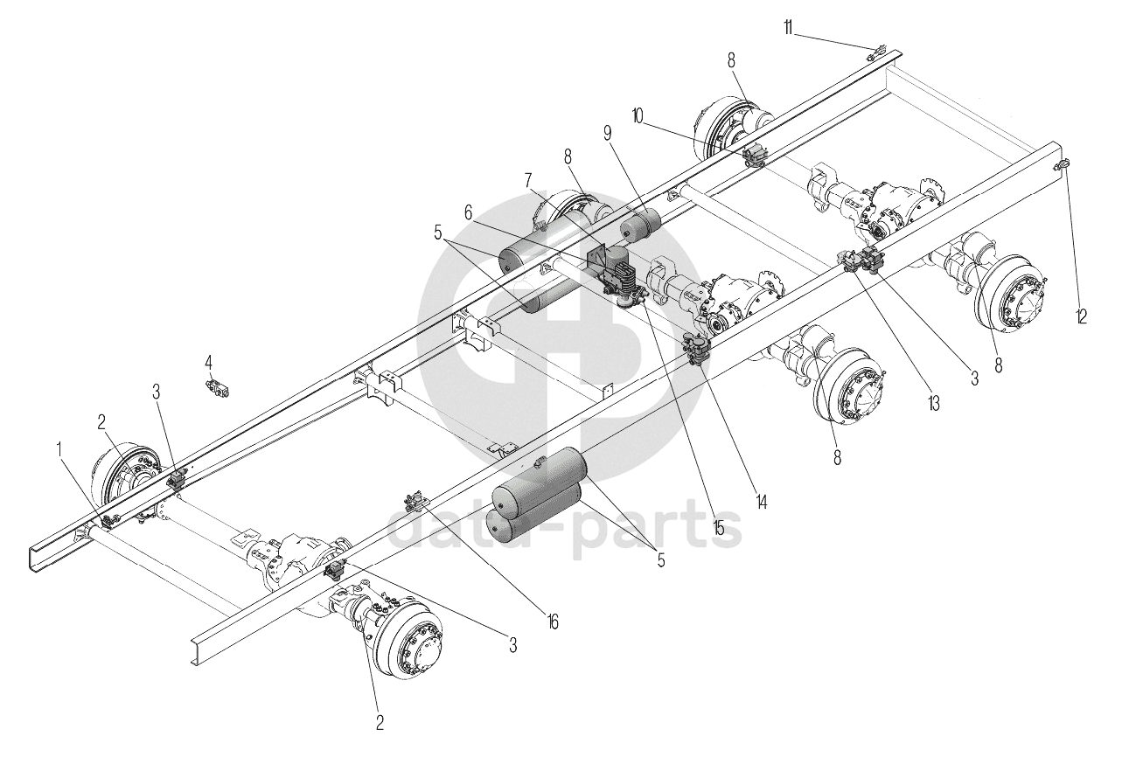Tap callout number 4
209,361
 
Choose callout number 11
788,30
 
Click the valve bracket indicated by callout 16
414,503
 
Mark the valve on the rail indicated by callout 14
696,350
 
